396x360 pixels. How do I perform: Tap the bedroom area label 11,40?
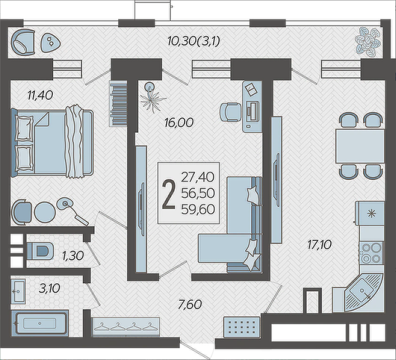(41, 96)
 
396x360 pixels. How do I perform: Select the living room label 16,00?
(179, 123)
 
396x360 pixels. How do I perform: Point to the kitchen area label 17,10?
(319, 244)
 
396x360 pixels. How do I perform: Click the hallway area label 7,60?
(190, 305)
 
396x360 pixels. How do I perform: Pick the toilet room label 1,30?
(73, 256)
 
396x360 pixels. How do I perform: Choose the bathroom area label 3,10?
(49, 288)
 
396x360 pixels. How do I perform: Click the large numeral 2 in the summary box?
(168, 194)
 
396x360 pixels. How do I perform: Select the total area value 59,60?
(198, 209)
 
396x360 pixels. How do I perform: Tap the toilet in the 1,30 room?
(40, 251)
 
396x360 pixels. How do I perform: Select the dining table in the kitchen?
(360, 146)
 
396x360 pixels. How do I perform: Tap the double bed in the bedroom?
(52, 142)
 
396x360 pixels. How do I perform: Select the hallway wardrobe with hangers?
(126, 327)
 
